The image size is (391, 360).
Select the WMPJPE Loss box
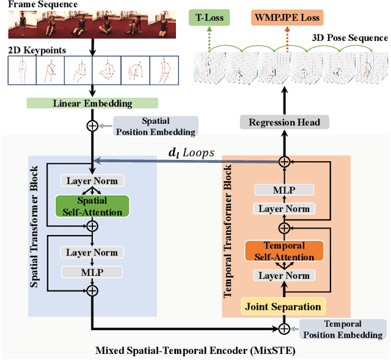(x=287, y=18)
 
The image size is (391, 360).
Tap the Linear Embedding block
(x=92, y=103)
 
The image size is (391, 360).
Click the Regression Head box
(x=284, y=122)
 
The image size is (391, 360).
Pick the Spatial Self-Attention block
(x=92, y=206)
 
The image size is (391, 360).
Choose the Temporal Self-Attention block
(x=283, y=251)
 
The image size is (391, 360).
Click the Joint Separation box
(x=283, y=306)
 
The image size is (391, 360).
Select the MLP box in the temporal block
(x=283, y=190)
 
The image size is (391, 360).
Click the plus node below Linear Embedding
(x=92, y=126)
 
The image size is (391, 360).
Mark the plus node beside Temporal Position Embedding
(x=283, y=329)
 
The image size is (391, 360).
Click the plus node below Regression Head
(x=283, y=161)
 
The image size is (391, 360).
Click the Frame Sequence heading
(x=42, y=5)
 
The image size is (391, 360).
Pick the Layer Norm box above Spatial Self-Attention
(x=92, y=181)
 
